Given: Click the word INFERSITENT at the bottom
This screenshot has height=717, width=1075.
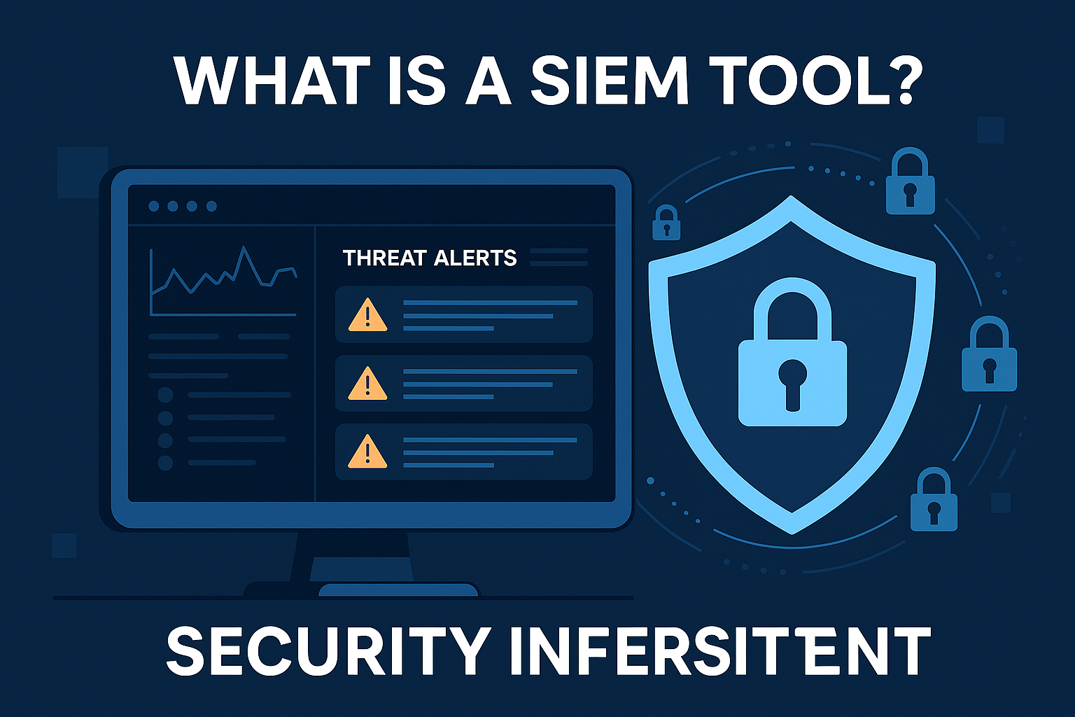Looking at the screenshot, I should point(719,650).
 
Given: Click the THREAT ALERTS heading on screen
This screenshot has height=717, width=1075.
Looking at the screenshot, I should point(430,258).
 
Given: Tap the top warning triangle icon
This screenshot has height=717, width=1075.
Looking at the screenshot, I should point(367,315).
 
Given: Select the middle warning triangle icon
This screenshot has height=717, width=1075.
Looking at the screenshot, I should point(367,384).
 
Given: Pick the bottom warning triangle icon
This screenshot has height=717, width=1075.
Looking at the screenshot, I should point(367,452).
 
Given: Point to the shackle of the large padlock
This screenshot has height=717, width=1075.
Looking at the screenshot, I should point(792,305).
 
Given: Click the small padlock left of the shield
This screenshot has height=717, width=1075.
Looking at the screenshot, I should point(666,223).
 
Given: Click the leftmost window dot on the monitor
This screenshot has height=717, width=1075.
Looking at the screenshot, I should point(154,206).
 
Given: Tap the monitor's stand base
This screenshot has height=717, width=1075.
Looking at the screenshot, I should point(398,590).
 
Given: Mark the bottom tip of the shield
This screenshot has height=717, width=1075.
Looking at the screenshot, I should point(792,531).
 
